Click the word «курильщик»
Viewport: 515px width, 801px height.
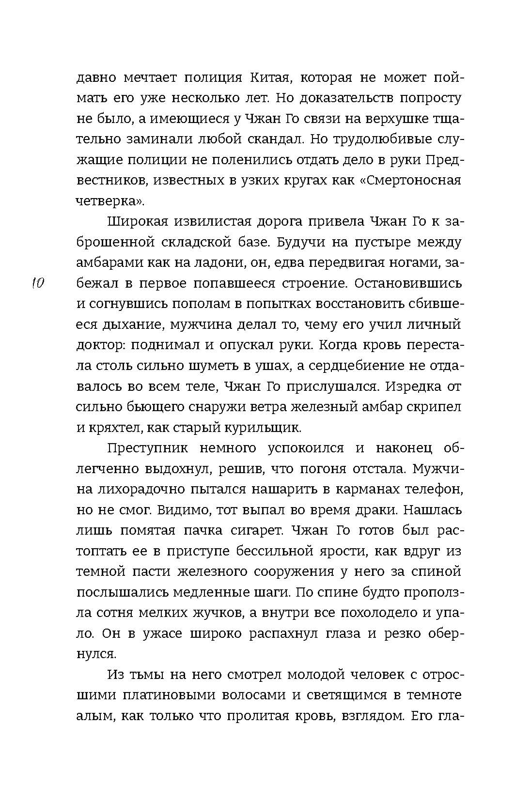[x=262, y=428]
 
